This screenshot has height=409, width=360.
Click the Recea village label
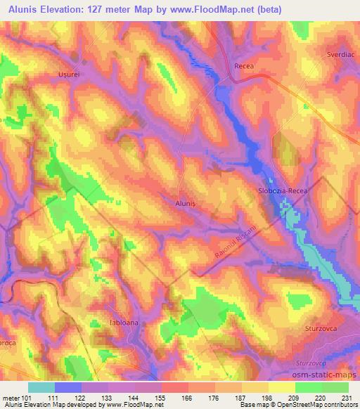coord(243,66)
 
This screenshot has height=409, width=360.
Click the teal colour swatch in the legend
coord(41,387)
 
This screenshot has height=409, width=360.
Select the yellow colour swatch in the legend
coord(282,387)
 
